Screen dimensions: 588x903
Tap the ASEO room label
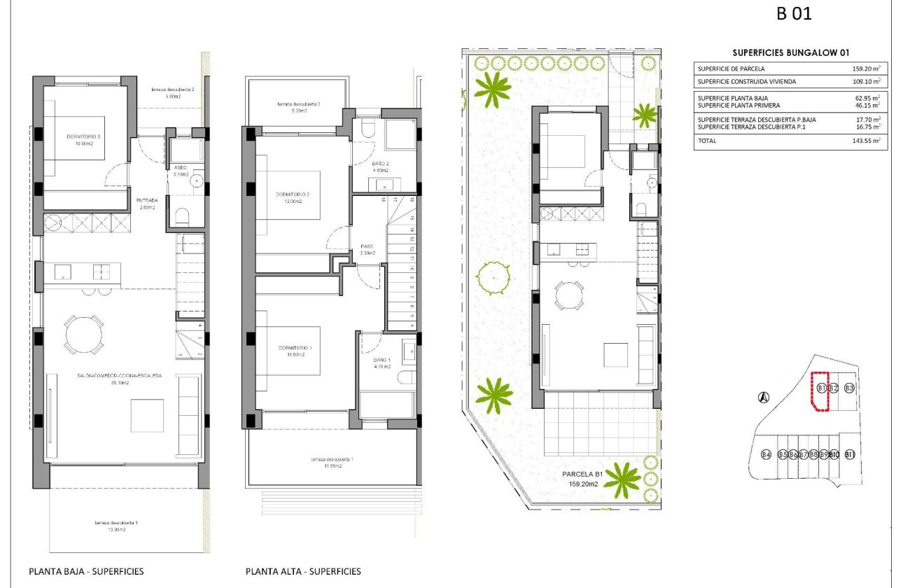tap(179, 168)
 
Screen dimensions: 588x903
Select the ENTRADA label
tap(147, 200)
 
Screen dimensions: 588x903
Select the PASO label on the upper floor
tap(367, 246)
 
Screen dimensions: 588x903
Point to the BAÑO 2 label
tap(381, 164)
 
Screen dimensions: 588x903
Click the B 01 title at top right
tap(794, 13)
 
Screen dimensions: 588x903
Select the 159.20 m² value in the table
tap(866, 69)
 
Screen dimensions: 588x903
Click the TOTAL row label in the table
tap(708, 141)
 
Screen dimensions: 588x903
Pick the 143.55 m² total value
tap(866, 141)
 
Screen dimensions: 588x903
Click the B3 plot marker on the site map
tap(849, 388)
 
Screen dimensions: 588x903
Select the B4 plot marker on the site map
tap(766, 455)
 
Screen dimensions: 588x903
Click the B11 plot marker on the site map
tap(850, 455)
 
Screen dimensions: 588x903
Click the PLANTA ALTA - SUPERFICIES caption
tap(303, 571)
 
